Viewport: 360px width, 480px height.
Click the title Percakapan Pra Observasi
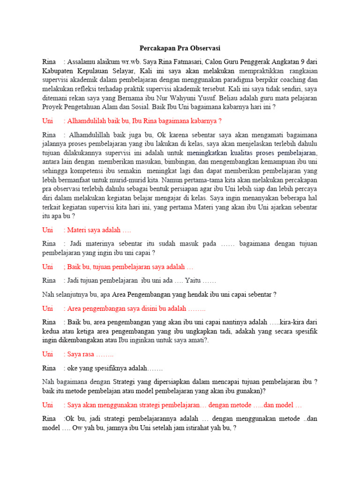pos(180,48)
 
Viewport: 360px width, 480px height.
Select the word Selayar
pos(124,71)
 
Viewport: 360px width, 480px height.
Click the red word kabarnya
pos(200,121)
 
